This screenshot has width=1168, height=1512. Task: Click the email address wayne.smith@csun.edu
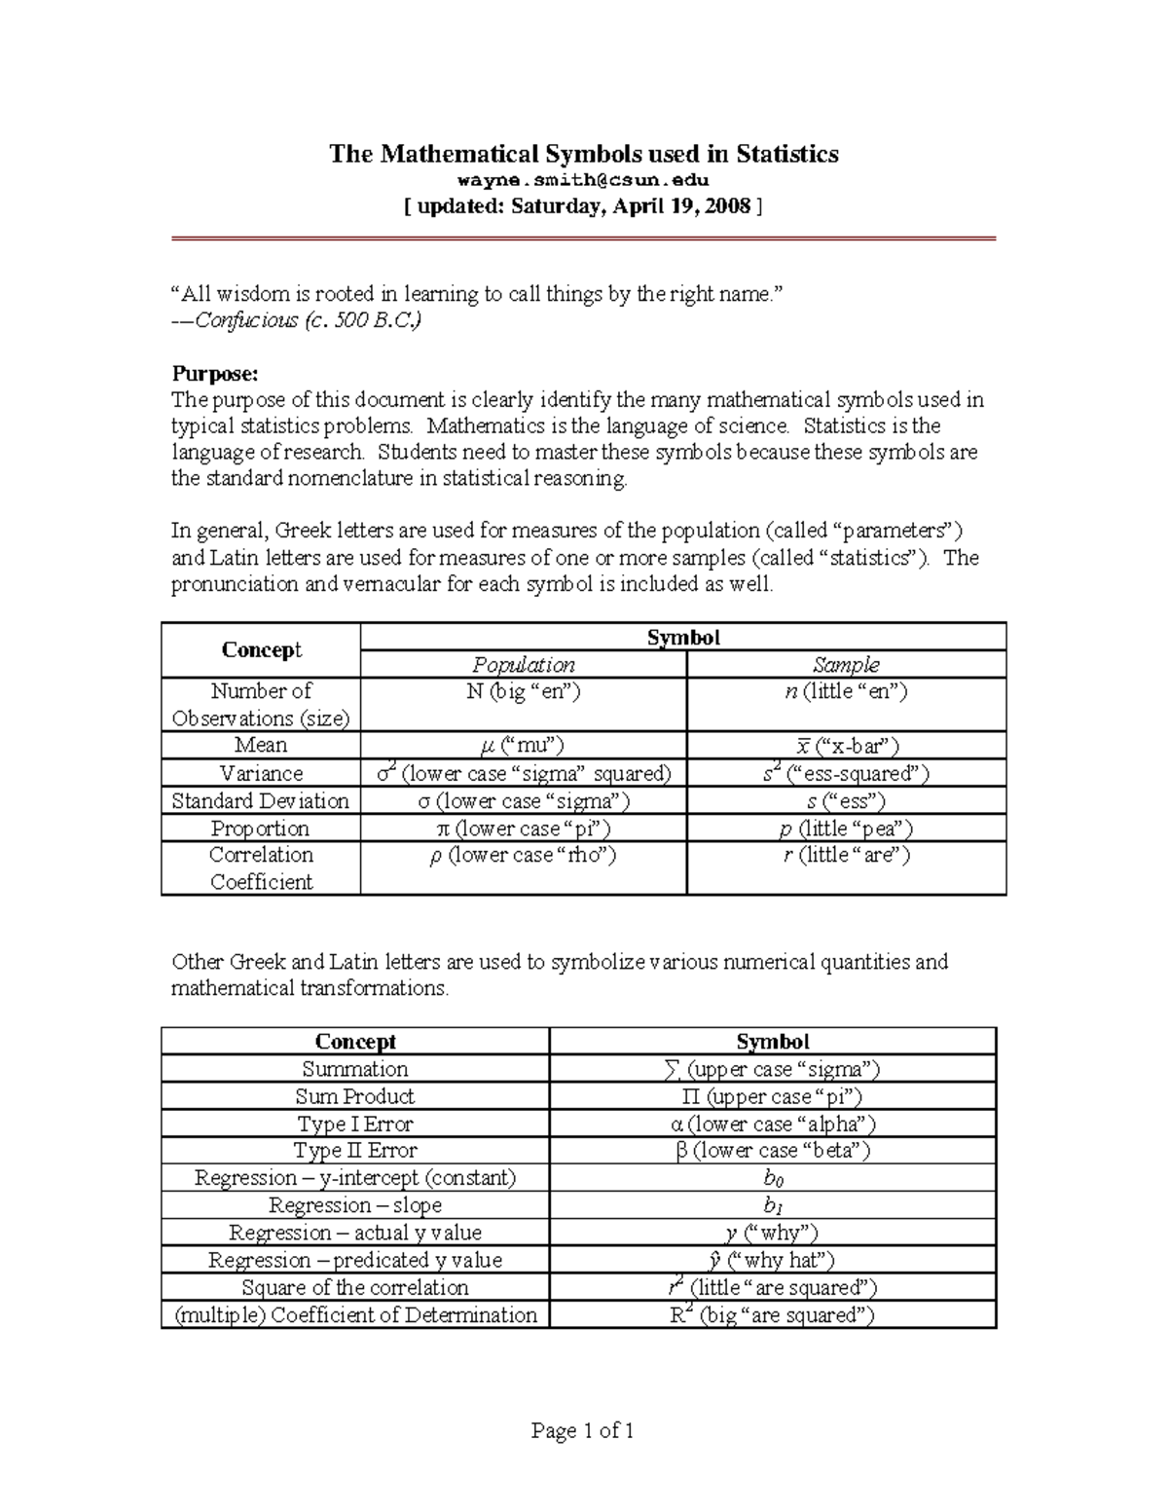583,180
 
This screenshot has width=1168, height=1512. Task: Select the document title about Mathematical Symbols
583,154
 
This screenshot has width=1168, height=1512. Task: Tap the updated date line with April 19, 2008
583,206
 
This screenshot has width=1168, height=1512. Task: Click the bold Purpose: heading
215,373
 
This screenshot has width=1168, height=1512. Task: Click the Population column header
524,665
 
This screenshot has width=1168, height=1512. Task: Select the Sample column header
846,665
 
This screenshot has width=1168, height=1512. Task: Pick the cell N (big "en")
524,692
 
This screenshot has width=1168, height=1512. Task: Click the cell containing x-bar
846,746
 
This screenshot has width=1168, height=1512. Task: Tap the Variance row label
261,773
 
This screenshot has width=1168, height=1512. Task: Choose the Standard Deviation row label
261,800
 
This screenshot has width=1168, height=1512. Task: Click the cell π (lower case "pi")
524,829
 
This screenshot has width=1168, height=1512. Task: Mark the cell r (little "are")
846,856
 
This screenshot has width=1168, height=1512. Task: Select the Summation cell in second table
355,1069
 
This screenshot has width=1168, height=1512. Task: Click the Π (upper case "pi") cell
773,1096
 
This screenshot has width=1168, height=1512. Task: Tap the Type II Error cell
355,1151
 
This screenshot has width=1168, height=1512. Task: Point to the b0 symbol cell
773,1178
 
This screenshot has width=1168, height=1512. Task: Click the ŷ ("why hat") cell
773,1260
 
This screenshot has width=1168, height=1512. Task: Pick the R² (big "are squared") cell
773,1315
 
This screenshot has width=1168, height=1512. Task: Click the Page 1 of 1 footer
583,1430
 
